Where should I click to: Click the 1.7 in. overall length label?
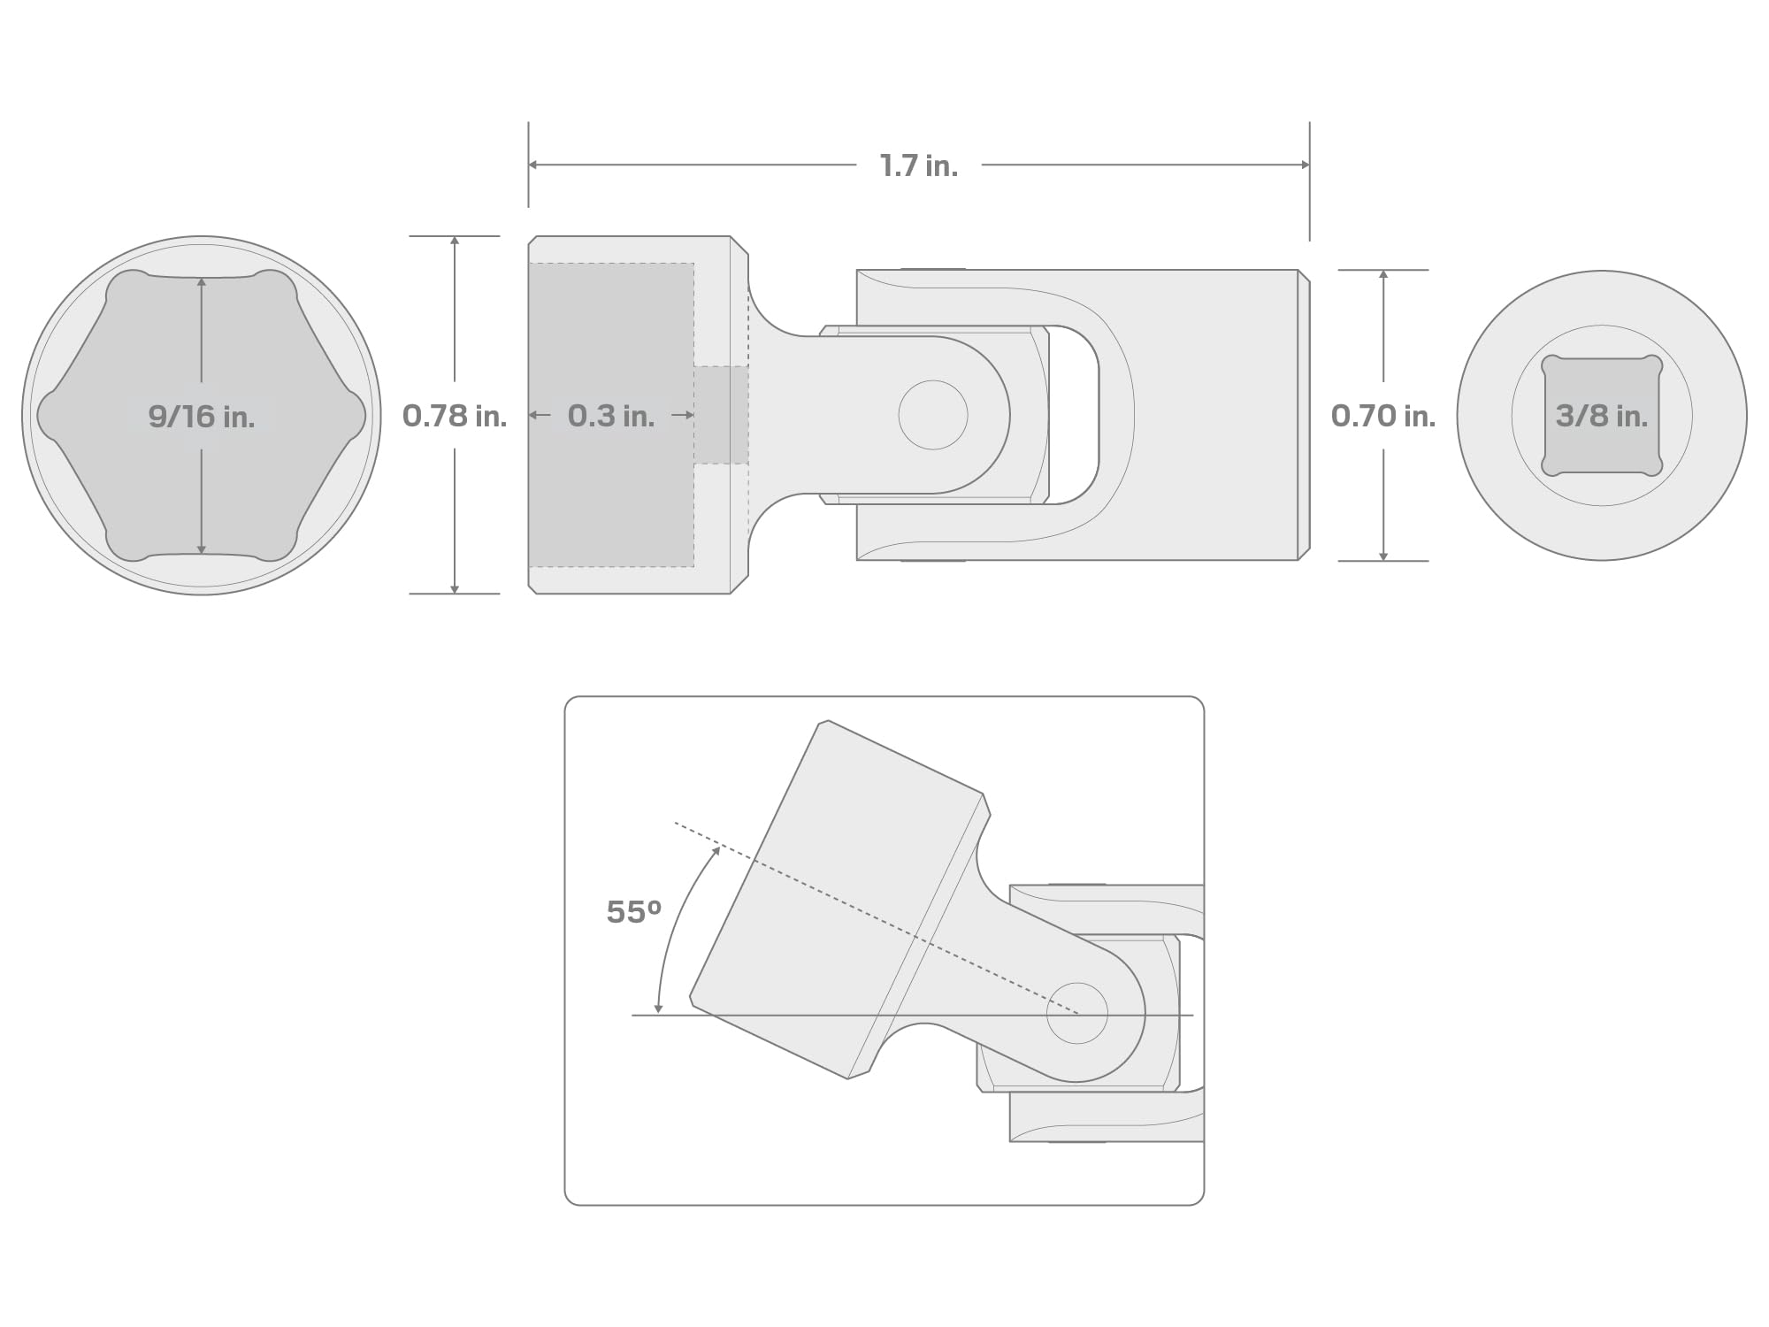(x=919, y=165)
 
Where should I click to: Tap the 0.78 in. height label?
(x=455, y=416)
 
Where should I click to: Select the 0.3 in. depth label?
(x=611, y=416)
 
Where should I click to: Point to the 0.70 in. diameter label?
(x=1383, y=416)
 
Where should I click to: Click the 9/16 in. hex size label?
(x=202, y=416)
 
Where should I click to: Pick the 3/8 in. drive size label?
(x=1602, y=416)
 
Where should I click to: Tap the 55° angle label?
(x=633, y=912)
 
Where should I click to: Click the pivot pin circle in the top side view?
(x=933, y=415)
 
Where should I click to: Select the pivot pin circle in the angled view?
(x=1077, y=1013)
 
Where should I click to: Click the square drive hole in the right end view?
(x=1602, y=416)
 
